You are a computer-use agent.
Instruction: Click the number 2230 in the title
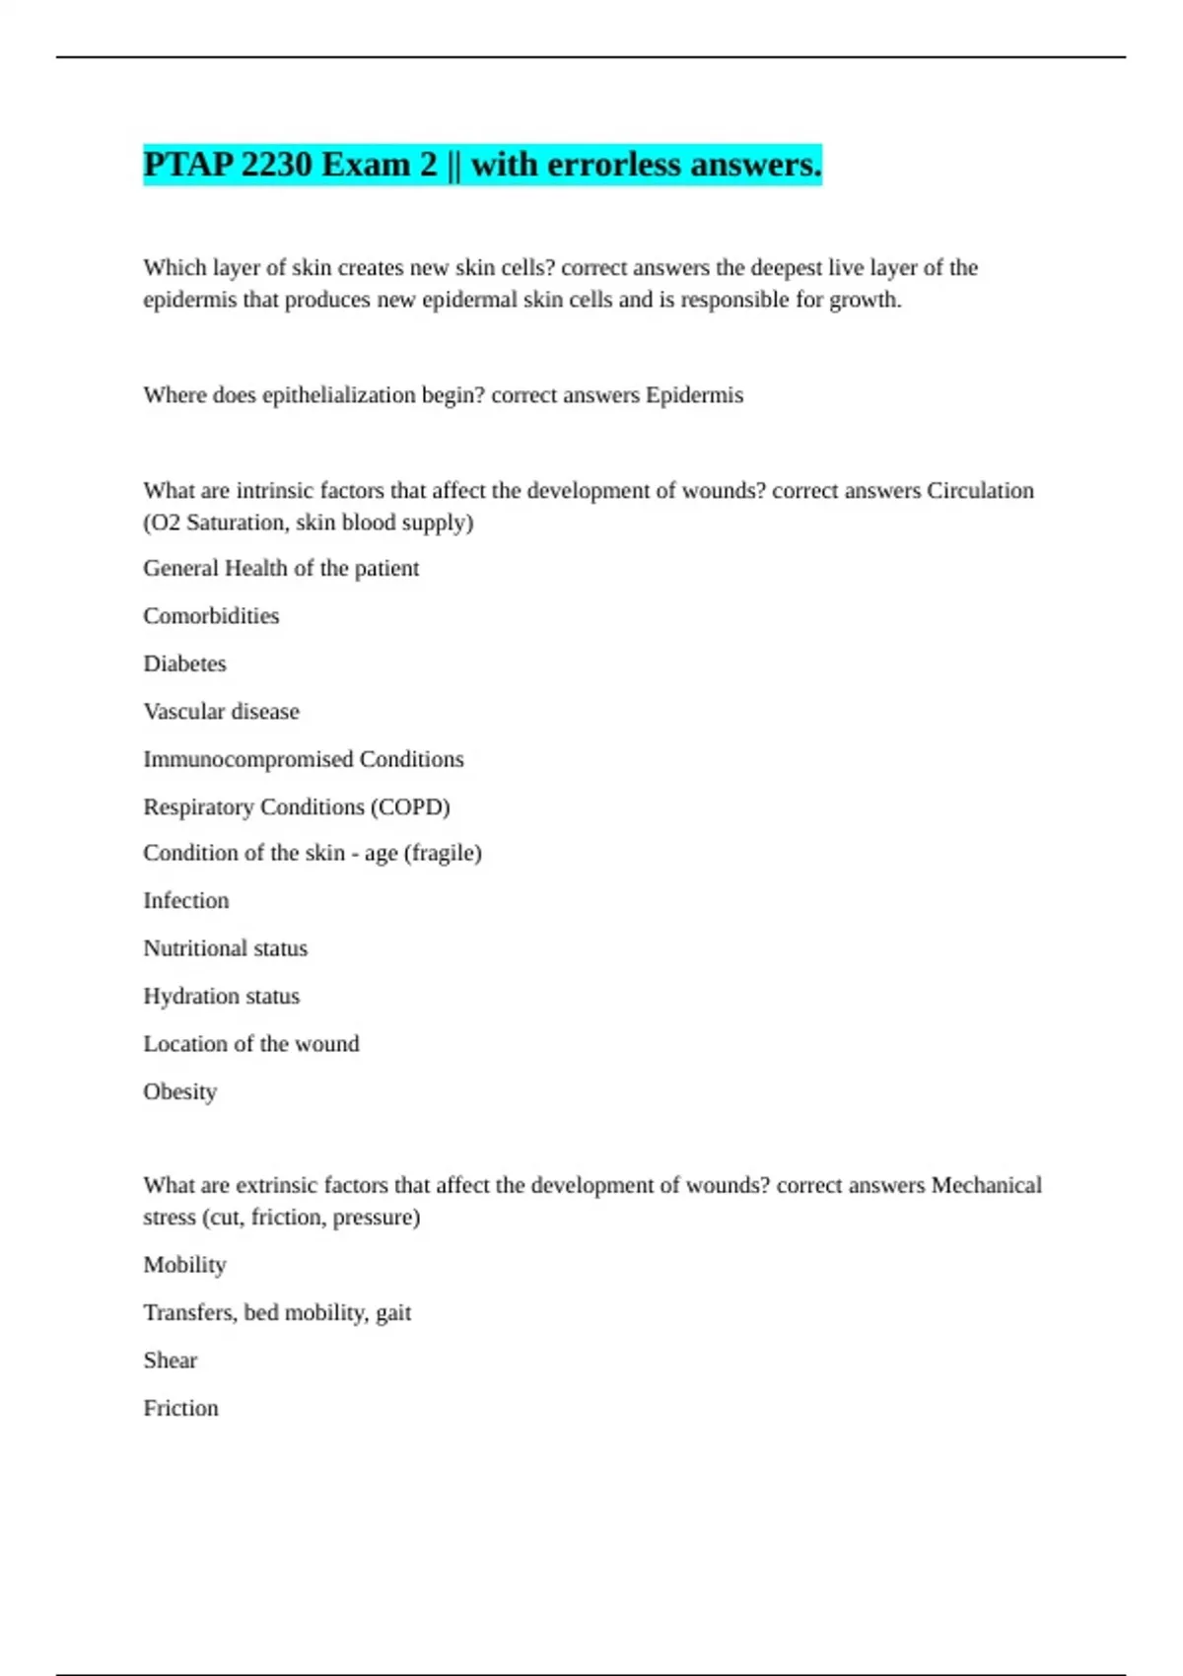pos(276,165)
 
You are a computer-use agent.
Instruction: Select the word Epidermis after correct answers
pos(694,395)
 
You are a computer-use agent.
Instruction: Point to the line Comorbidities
pos(211,616)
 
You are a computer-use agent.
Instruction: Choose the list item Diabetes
pos(184,663)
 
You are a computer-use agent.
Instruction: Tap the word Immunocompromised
pos(247,759)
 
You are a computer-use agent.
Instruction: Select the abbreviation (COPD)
pos(410,807)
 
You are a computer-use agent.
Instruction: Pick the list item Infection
pos(185,901)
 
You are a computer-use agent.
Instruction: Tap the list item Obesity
pos(179,1092)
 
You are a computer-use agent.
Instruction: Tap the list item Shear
pos(170,1361)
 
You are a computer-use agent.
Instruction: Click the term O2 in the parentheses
pos(165,523)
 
